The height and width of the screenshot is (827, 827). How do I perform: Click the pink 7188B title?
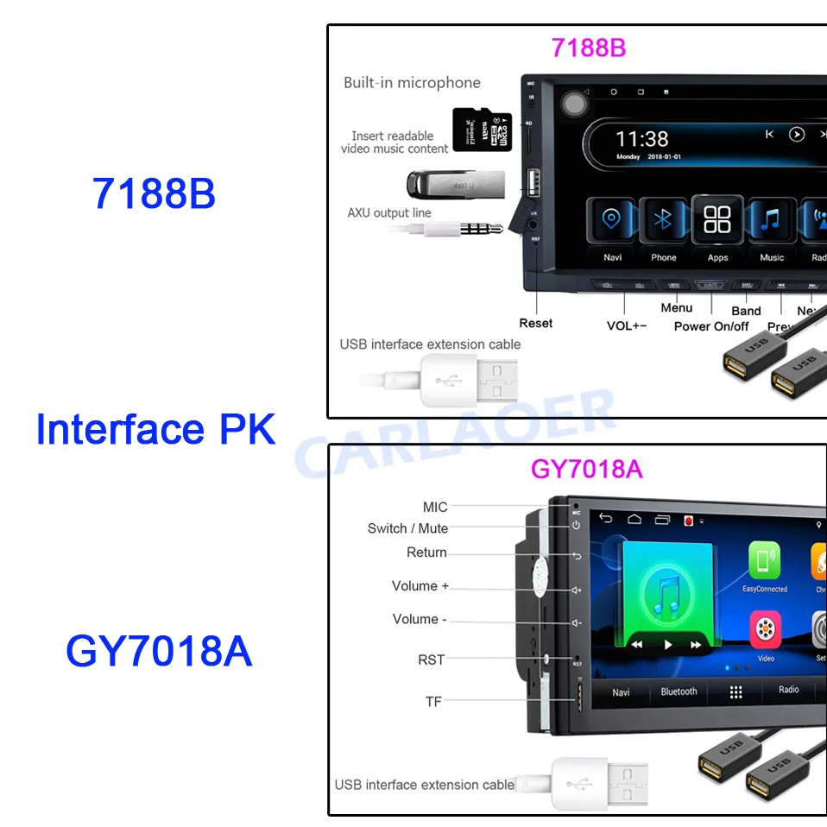(x=589, y=47)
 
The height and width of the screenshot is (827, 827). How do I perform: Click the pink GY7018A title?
(x=586, y=469)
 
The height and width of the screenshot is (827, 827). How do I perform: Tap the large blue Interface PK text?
(x=155, y=429)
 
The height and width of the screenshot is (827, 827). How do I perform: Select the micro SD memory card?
(x=476, y=129)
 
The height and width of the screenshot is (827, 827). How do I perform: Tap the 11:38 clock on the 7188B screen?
(x=642, y=138)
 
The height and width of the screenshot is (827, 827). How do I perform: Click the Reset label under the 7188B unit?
(x=535, y=323)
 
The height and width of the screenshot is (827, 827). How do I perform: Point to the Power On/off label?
(x=711, y=326)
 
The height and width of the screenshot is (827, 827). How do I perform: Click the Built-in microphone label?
(x=412, y=83)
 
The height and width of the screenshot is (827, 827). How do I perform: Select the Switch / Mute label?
(x=407, y=528)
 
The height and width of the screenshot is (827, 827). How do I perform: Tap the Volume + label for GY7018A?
(x=420, y=586)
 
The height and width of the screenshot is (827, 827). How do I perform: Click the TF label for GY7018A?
(x=433, y=702)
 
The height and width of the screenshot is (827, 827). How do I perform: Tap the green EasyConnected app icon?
(x=764, y=561)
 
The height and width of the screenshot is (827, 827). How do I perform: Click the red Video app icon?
(x=765, y=630)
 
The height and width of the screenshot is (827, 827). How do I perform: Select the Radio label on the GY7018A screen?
(x=788, y=690)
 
